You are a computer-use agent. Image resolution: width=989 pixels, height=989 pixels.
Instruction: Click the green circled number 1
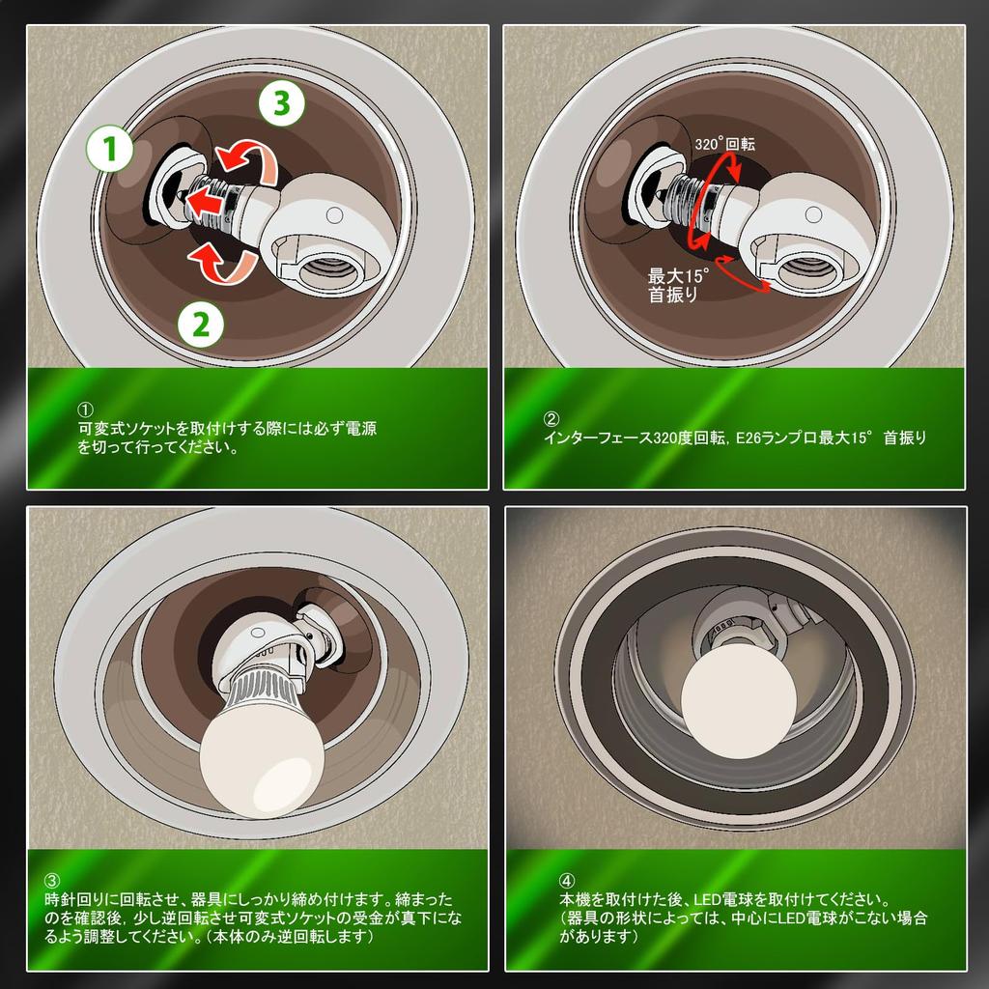tap(109, 150)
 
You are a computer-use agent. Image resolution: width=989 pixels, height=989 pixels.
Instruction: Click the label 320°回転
tap(724, 144)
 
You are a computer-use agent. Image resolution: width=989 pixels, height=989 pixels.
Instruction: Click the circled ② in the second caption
tap(551, 419)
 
